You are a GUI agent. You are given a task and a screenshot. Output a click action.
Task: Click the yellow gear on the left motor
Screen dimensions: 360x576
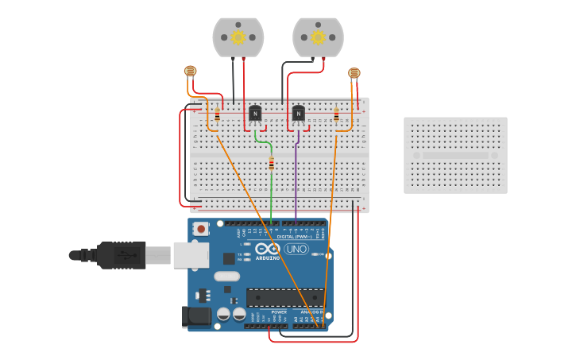[x=238, y=37]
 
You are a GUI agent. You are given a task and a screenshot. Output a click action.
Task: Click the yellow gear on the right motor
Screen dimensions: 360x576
[x=318, y=37]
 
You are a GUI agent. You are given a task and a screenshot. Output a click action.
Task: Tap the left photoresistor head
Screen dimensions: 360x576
[x=191, y=71]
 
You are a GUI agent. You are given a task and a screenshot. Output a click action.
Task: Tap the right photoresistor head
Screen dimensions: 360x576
[x=354, y=73]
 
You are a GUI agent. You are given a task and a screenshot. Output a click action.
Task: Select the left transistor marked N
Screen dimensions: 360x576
[x=255, y=114]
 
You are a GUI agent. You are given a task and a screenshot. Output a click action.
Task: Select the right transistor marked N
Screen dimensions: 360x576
[x=298, y=114]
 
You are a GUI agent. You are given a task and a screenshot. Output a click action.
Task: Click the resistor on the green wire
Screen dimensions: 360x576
[x=272, y=164]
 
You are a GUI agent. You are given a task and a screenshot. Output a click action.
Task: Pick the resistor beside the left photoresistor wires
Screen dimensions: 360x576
[x=217, y=115]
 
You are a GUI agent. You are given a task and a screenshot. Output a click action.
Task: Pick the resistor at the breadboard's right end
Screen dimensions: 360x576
[x=336, y=115]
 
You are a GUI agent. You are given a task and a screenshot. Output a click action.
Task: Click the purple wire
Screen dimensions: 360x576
[x=296, y=179]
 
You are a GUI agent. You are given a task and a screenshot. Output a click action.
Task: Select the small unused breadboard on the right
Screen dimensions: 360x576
[x=455, y=155]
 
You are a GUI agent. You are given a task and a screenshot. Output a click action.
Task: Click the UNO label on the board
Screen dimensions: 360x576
[x=296, y=250]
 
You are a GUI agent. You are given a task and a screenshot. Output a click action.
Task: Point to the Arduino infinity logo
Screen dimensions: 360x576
[x=268, y=249]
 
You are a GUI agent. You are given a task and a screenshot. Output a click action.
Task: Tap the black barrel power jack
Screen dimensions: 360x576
[x=196, y=317]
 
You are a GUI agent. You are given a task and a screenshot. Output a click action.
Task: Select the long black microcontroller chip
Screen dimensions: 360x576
[x=285, y=297]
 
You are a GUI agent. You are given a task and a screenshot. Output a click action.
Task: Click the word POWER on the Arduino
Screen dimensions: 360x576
[x=279, y=312]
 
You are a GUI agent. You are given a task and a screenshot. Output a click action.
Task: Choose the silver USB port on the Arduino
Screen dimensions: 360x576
[x=191, y=255]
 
